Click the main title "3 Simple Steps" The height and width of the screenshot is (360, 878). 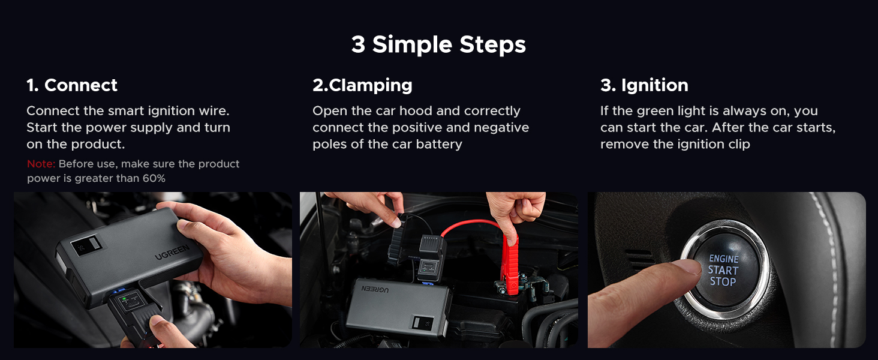438,45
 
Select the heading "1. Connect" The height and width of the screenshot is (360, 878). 72,85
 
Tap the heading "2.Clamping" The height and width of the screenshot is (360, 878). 362,85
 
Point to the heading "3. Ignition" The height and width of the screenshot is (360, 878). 644,85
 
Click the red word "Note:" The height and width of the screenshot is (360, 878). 41,164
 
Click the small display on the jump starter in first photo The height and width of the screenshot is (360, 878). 80,245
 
